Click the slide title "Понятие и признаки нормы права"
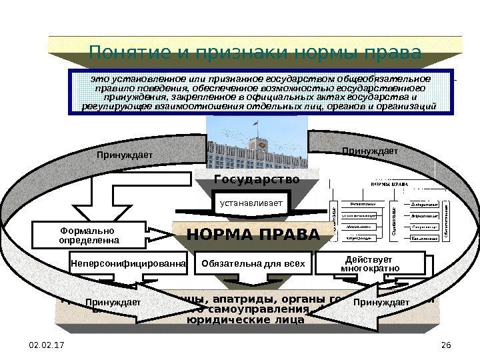click(x=255, y=51)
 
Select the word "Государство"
click(x=257, y=180)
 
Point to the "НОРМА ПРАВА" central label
click(x=253, y=235)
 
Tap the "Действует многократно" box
click(x=369, y=263)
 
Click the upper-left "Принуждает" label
click(x=124, y=155)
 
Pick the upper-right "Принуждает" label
click(x=369, y=151)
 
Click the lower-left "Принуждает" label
click(x=113, y=303)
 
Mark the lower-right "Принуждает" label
click(x=381, y=303)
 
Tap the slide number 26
click(x=447, y=343)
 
